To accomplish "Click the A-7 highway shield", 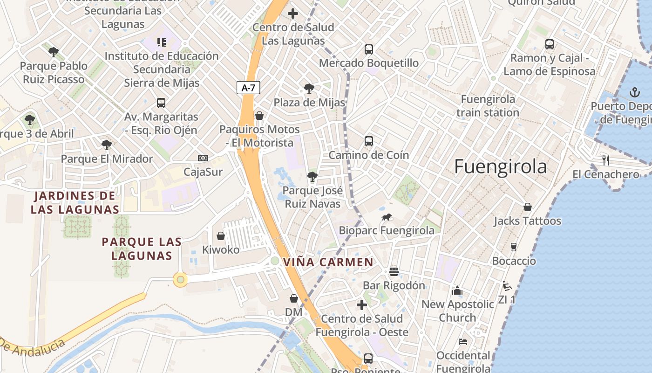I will [x=248, y=88].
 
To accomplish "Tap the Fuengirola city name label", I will [x=500, y=166].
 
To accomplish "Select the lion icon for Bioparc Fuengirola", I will [x=387, y=217].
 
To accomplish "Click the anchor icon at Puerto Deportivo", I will [x=635, y=92].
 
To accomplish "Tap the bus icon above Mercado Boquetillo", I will [x=369, y=49].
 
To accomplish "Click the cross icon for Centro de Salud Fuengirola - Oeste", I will [x=362, y=305].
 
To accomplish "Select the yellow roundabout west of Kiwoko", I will [x=180, y=280].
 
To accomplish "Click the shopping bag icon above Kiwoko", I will [x=221, y=236].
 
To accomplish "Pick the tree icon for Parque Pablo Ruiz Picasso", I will [x=54, y=52].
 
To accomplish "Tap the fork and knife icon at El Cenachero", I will [x=605, y=160].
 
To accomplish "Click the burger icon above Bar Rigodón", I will [x=394, y=271].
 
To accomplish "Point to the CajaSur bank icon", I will [x=203, y=158].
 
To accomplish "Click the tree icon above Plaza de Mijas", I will [x=309, y=89].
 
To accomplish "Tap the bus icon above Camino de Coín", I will [x=369, y=141].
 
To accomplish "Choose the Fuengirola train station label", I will [x=488, y=106].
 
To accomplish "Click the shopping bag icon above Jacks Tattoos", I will [x=528, y=207].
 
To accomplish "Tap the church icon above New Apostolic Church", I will [x=457, y=290].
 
